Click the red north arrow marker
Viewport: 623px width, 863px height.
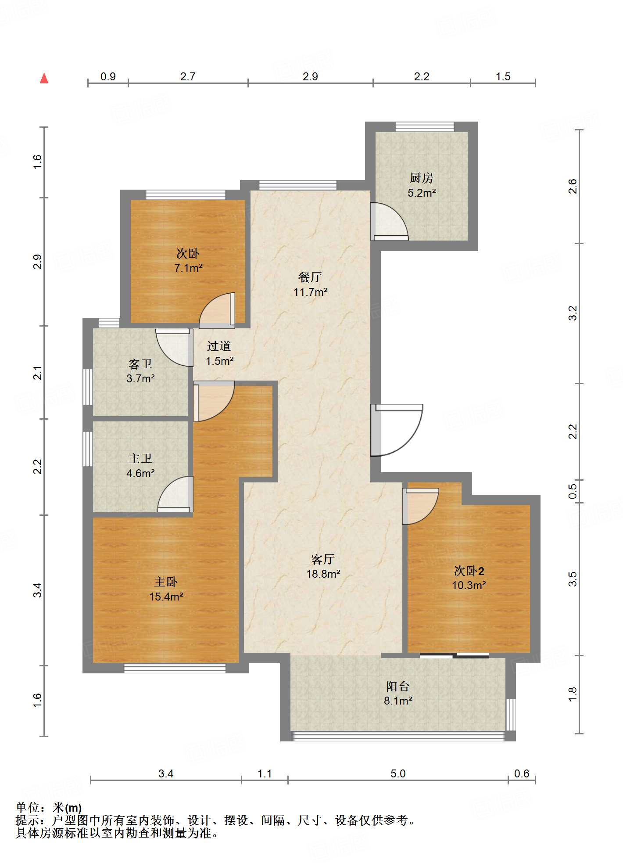coord(44,79)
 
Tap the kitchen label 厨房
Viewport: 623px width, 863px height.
coord(421,178)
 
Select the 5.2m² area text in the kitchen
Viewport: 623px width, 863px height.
coord(422,193)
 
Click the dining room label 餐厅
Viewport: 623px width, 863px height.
coord(310,277)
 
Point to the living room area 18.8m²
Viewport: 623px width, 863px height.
coord(323,574)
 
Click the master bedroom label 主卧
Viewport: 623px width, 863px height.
coord(166,582)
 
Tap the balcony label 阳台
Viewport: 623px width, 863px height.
coord(398,686)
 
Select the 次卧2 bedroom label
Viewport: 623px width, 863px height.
coord(469,571)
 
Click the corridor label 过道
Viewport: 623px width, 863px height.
coord(219,346)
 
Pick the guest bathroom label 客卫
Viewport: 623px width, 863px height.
coord(140,364)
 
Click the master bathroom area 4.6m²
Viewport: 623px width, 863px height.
coord(140,473)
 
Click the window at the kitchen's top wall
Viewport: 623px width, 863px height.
coord(425,126)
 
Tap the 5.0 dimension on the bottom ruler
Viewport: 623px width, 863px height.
coord(398,773)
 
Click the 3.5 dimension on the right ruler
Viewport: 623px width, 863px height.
coord(573,579)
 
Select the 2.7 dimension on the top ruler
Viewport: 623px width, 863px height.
coord(188,76)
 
